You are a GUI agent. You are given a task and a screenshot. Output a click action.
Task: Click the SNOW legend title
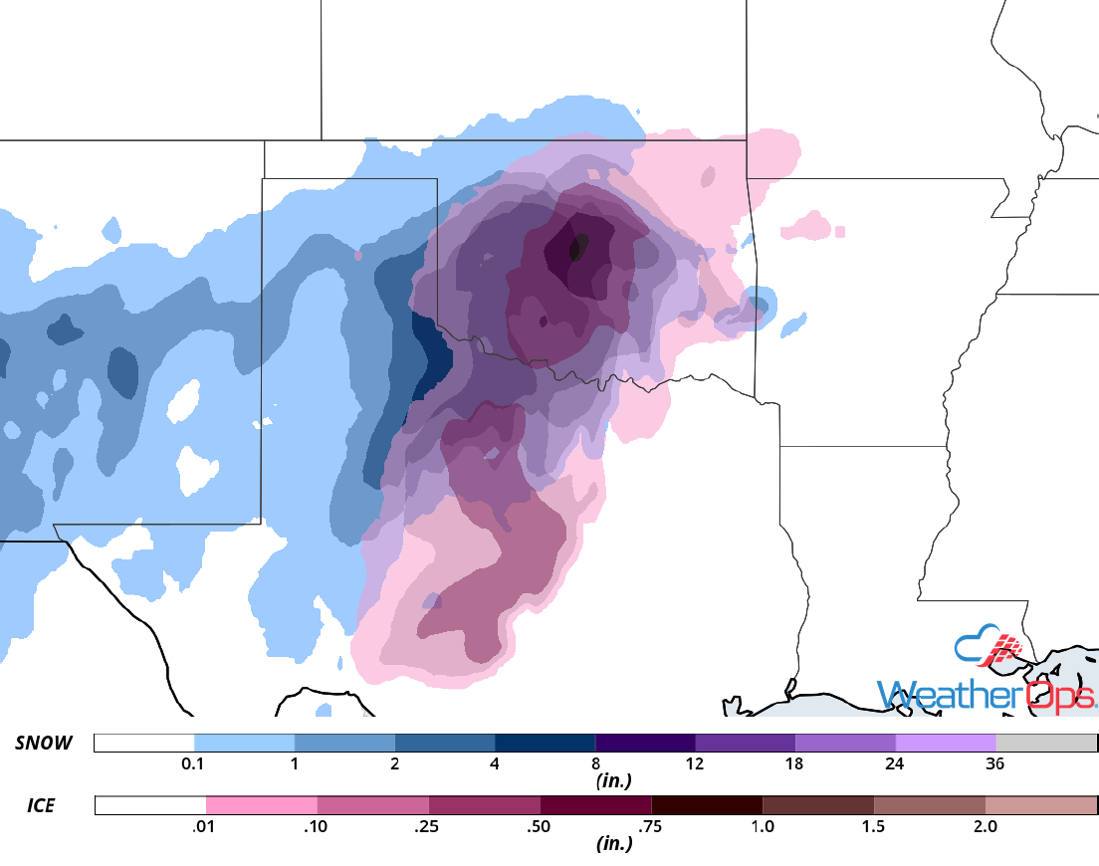pyautogui.click(x=46, y=743)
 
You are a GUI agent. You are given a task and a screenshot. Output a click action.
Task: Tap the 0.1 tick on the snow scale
pyautogui.click(x=194, y=764)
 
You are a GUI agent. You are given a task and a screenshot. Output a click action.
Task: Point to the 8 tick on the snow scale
pyautogui.click(x=595, y=764)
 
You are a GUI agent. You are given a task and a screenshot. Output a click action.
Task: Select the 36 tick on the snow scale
pyautogui.click(x=995, y=764)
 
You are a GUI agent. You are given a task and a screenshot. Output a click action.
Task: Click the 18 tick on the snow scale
pyautogui.click(x=795, y=764)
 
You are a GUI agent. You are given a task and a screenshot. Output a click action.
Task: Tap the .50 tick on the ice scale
pyautogui.click(x=540, y=826)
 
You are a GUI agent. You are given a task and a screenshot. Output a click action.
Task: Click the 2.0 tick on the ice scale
pyautogui.click(x=985, y=826)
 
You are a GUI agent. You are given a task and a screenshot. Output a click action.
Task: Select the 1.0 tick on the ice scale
pyautogui.click(x=763, y=826)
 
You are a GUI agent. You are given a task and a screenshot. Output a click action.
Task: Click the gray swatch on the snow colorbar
pyautogui.click(x=1046, y=743)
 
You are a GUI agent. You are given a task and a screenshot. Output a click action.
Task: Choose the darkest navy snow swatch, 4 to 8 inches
pyautogui.click(x=545, y=743)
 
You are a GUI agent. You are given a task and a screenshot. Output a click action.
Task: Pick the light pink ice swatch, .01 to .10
pyautogui.click(x=261, y=804)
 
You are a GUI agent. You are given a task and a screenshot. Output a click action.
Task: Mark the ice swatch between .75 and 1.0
pyautogui.click(x=707, y=804)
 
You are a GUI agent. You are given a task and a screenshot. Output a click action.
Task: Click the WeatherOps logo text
pyautogui.click(x=986, y=694)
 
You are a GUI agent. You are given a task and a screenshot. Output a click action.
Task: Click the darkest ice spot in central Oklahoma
pyautogui.click(x=577, y=247)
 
